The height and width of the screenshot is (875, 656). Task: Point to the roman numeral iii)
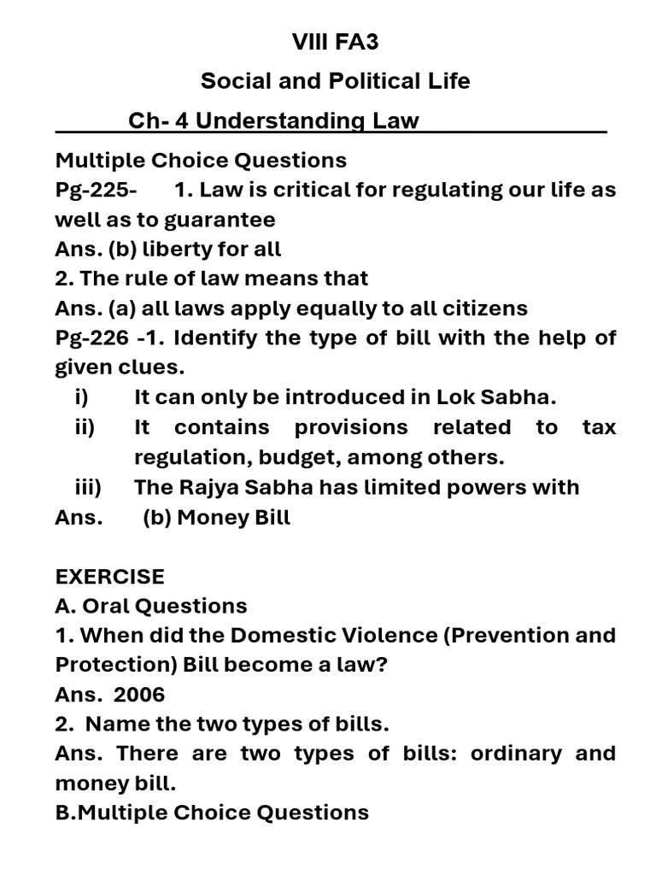(88, 487)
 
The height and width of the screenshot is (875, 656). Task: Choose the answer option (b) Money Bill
(216, 518)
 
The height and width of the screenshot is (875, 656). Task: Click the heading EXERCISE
(109, 577)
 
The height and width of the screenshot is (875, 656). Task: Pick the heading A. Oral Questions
(151, 607)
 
